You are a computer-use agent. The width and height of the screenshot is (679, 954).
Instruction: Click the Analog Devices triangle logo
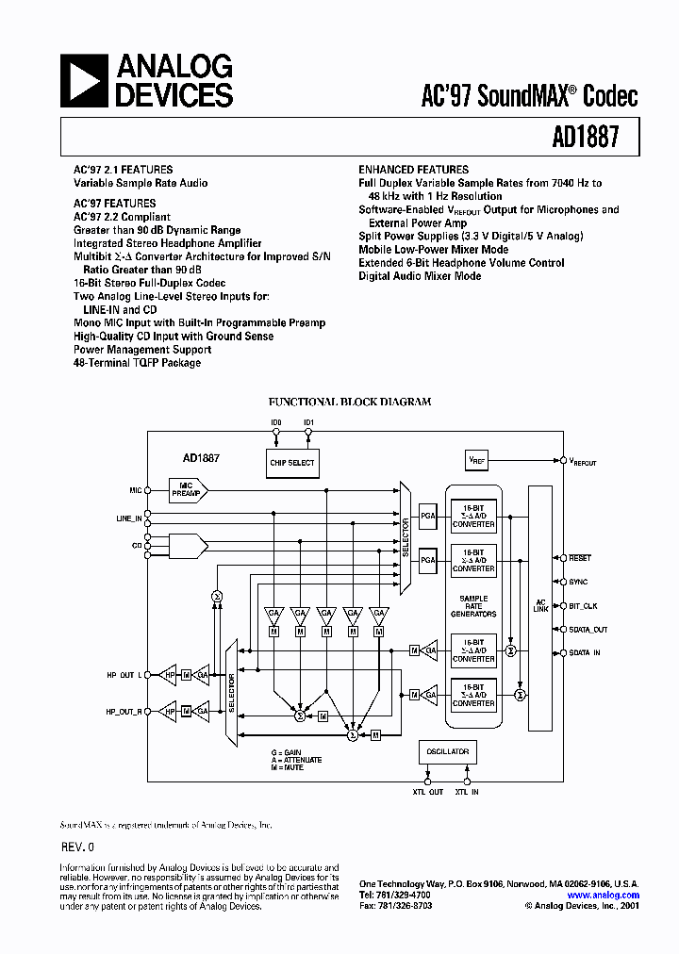[84, 80]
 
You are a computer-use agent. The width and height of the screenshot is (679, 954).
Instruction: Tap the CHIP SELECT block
[292, 463]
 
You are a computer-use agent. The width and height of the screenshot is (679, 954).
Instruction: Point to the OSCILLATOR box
[448, 752]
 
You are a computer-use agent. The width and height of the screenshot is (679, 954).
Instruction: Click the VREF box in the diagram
[478, 461]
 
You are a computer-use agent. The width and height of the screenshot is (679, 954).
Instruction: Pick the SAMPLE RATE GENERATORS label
[472, 606]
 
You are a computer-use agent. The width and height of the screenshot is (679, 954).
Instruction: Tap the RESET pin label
[579, 558]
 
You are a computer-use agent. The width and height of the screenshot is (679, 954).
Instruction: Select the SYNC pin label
[578, 583]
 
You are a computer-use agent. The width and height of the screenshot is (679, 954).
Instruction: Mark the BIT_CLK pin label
[583, 606]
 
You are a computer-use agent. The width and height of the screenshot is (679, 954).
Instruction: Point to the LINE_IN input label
[128, 518]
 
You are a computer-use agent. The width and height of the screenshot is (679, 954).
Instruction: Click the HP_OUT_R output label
[124, 712]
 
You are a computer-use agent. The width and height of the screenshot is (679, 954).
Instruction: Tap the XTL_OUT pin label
[427, 793]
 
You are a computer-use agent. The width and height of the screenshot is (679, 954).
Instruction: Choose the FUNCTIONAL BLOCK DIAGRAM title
[350, 402]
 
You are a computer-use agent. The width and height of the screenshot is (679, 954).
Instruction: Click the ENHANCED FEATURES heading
[413, 170]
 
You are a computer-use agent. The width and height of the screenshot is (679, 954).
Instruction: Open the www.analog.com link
[603, 895]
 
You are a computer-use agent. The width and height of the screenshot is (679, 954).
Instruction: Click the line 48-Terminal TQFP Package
[138, 362]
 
